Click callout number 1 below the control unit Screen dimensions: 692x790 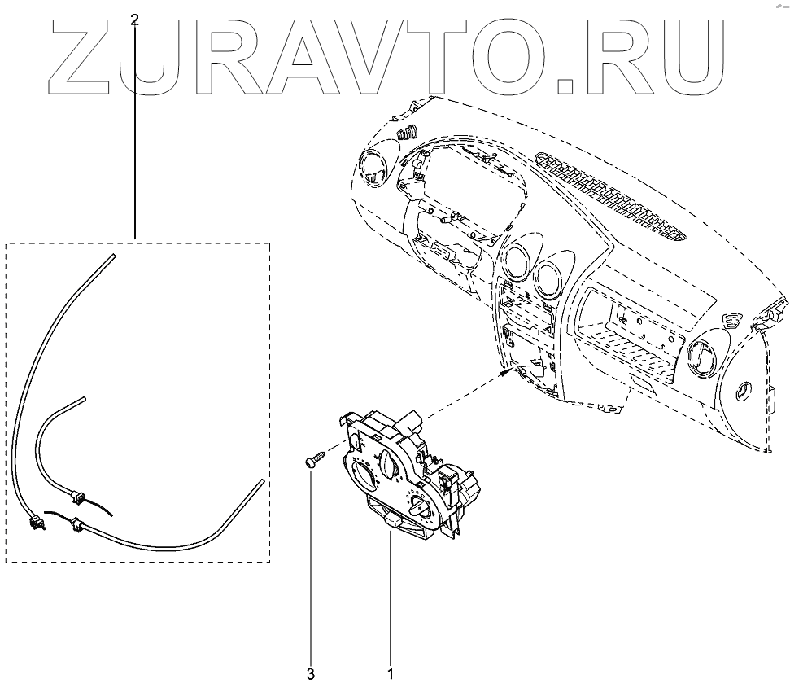pyautogui.click(x=391, y=674)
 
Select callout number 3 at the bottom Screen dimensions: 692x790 pyautogui.click(x=310, y=674)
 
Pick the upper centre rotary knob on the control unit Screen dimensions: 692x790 pyautogui.click(x=388, y=468)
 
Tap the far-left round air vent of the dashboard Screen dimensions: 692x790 pyautogui.click(x=373, y=170)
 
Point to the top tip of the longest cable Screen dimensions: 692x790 pyautogui.click(x=111, y=256)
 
